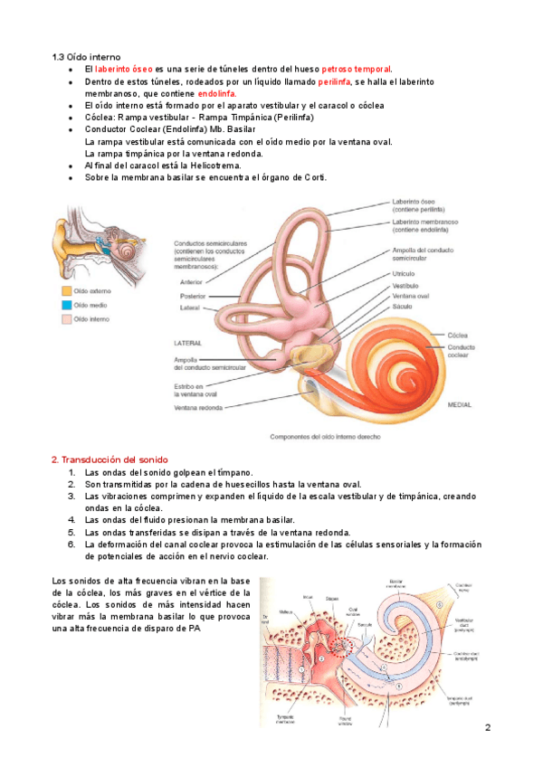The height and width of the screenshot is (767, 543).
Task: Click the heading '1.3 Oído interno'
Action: [x=86, y=57]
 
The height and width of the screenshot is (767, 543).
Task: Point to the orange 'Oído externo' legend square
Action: [x=65, y=291]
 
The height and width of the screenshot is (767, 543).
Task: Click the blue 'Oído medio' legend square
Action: [x=65, y=305]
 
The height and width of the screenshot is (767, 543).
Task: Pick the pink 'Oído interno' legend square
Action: [x=65, y=319]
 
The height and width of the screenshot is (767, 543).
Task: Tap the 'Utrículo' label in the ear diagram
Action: [x=404, y=272]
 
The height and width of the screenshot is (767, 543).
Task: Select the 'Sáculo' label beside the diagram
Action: [x=402, y=308]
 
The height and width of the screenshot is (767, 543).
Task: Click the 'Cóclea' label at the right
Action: [x=457, y=335]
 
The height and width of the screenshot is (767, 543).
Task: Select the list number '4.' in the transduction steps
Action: [x=71, y=520]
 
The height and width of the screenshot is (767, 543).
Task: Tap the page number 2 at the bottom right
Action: [x=487, y=728]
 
